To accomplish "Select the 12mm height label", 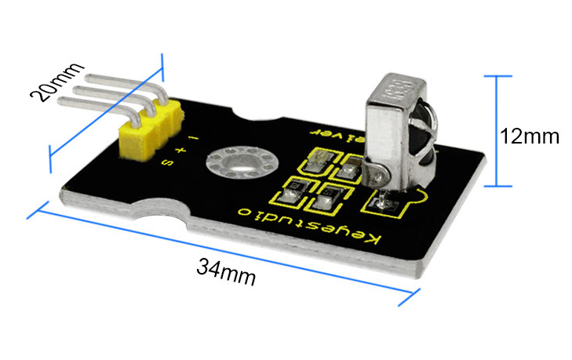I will (x=530, y=136).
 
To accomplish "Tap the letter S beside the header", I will (x=167, y=162).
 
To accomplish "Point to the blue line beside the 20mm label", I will (x=105, y=115).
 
